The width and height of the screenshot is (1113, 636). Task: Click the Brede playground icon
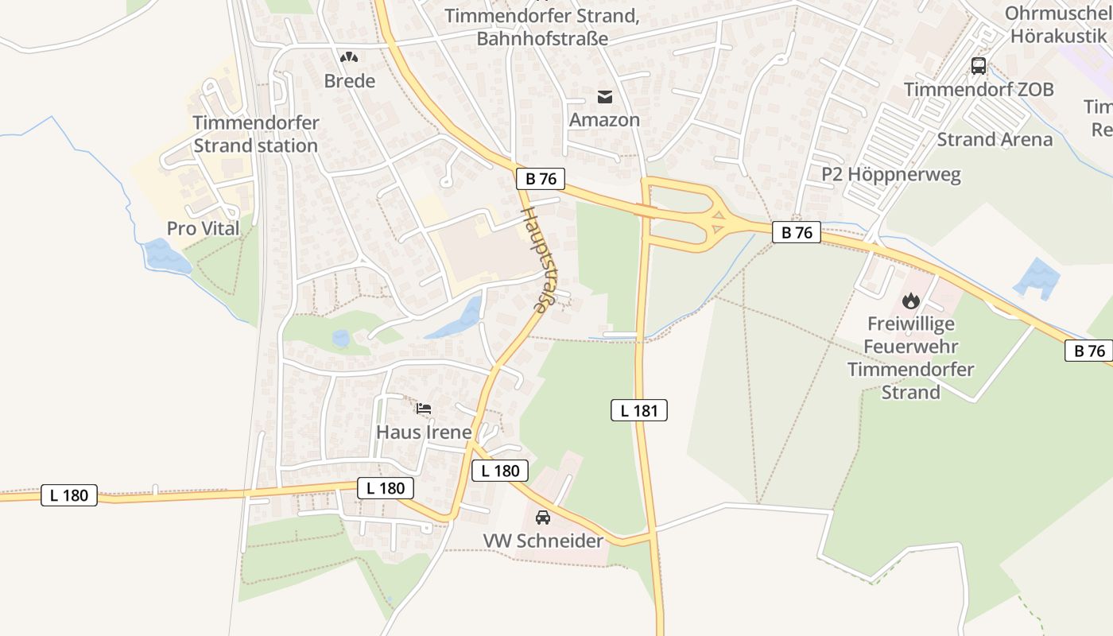click(348, 57)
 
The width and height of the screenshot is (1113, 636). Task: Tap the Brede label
click(349, 81)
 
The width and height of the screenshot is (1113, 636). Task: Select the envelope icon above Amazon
click(605, 97)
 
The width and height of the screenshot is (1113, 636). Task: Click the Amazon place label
click(604, 120)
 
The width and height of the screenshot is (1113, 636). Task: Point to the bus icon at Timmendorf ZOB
click(979, 66)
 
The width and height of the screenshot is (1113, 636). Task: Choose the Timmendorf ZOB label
click(979, 90)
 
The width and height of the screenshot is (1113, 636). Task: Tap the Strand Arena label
click(994, 140)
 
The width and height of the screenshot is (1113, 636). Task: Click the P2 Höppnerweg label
click(890, 175)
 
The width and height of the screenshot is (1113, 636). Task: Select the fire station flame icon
click(911, 301)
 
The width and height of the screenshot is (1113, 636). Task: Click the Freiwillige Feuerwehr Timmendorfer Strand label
click(911, 358)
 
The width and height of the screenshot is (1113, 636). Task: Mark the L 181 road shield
click(639, 410)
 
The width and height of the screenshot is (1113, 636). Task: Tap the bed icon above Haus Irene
click(424, 409)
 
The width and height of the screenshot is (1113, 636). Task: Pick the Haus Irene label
click(423, 432)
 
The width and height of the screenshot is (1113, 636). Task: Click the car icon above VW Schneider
click(543, 518)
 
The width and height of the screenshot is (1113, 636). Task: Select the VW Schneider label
click(543, 541)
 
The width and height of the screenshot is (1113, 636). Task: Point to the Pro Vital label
click(203, 229)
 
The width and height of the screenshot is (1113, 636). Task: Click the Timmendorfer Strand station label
click(255, 134)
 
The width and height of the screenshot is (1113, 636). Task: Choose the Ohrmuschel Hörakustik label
click(1057, 24)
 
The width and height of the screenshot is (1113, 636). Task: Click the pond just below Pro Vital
click(165, 257)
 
